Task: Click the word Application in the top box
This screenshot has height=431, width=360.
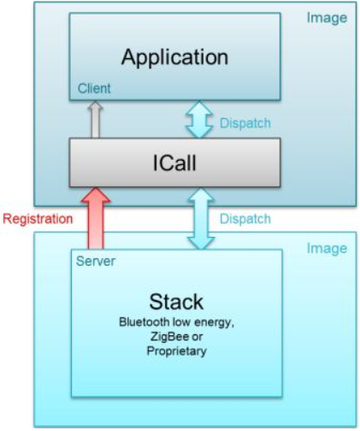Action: [174, 58]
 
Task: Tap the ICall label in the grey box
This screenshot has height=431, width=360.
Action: [174, 162]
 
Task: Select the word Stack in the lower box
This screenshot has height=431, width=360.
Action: [176, 302]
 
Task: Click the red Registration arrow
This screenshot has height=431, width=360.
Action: [96, 218]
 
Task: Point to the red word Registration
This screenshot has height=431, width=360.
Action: [38, 219]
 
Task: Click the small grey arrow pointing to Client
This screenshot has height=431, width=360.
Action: [96, 120]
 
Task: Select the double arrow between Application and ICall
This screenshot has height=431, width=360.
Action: [199, 120]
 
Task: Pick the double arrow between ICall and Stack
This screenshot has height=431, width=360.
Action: [201, 219]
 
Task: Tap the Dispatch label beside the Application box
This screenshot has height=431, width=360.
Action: [245, 123]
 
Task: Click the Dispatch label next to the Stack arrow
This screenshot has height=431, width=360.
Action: [245, 219]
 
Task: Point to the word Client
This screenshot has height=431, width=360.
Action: [94, 88]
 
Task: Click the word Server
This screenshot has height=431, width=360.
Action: [96, 261]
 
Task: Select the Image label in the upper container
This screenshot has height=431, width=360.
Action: [327, 19]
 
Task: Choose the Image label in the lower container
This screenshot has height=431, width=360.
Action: [327, 249]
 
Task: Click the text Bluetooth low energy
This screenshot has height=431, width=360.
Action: [176, 322]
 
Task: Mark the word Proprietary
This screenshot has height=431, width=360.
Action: [176, 351]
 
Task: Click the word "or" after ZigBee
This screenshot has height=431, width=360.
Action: [197, 337]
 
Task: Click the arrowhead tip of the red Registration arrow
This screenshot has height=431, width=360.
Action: [96, 188]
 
